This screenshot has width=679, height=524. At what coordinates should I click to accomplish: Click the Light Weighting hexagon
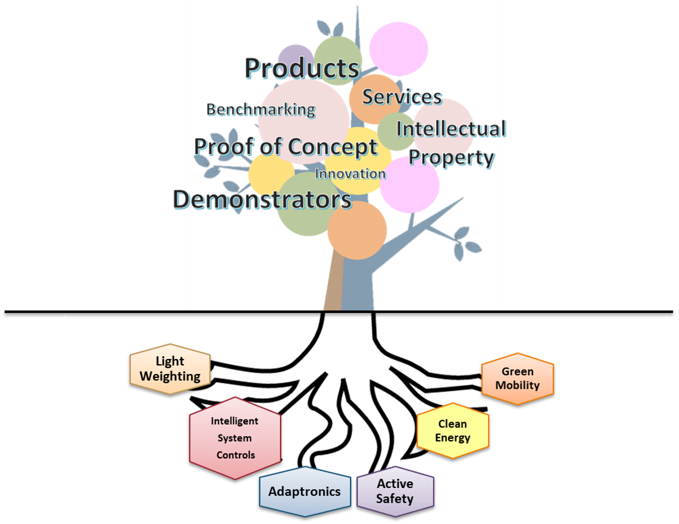pyautogui.click(x=170, y=369)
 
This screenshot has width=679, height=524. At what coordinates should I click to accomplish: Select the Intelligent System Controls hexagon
pyautogui.click(x=235, y=438)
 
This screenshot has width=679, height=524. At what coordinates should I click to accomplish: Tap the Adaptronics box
pyautogui.click(x=304, y=491)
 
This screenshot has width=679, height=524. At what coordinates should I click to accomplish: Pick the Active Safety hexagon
pyautogui.click(x=395, y=491)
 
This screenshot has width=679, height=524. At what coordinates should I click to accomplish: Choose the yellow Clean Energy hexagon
pyautogui.click(x=453, y=431)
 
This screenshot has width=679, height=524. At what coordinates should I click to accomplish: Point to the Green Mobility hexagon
pyautogui.click(x=517, y=378)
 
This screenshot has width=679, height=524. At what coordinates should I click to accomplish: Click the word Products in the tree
pyautogui.click(x=302, y=68)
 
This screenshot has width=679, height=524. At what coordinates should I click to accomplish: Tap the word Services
pyautogui.click(x=402, y=97)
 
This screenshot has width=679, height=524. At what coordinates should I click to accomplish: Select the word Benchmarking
pyautogui.click(x=261, y=110)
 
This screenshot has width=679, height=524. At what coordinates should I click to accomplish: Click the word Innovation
pyautogui.click(x=350, y=174)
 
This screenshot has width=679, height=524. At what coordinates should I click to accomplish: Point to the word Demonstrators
pyautogui.click(x=262, y=200)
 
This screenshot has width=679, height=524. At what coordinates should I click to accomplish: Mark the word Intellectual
pyautogui.click(x=451, y=129)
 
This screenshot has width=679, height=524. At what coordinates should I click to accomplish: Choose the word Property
pyautogui.click(x=452, y=158)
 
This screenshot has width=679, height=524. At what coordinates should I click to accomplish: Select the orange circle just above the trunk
pyautogui.click(x=357, y=231)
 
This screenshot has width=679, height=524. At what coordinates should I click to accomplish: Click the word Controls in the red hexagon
pyautogui.click(x=235, y=455)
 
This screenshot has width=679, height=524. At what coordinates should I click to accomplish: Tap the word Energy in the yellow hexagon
pyautogui.click(x=453, y=438)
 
